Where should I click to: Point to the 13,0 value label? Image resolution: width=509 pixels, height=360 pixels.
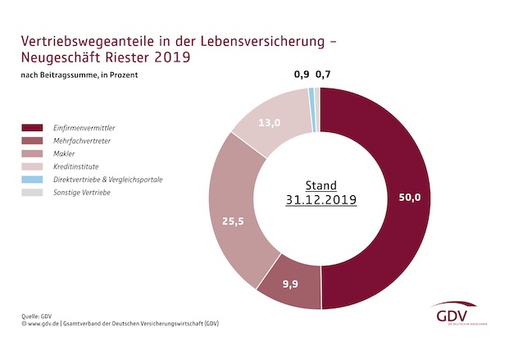(x=270, y=124)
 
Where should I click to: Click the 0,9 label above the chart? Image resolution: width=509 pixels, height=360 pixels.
(x=302, y=75)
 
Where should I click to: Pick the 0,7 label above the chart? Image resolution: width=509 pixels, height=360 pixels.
(x=324, y=75)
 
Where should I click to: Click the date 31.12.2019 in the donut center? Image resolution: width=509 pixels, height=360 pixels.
(x=320, y=200)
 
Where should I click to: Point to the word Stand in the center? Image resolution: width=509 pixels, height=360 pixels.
(x=320, y=185)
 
